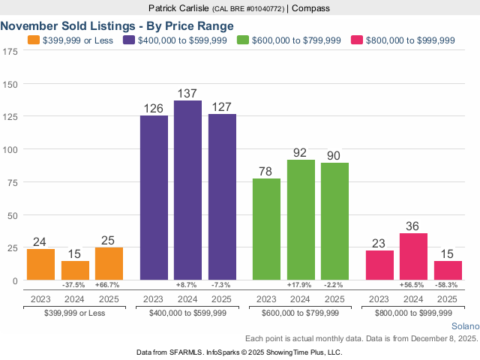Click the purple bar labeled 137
[x=187, y=190]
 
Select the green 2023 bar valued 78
[x=266, y=229]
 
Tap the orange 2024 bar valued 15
[x=75, y=270]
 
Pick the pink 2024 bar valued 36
[x=413, y=256]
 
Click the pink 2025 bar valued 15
[x=448, y=270]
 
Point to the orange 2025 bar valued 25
[x=109, y=263]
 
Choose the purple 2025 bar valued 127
[x=222, y=197]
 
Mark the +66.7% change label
[x=109, y=286]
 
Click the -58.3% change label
[x=448, y=286]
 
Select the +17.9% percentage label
[x=301, y=286]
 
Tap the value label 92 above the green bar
[x=301, y=153]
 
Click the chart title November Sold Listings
[x=117, y=25]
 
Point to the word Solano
[x=464, y=327]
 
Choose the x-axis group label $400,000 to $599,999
[x=187, y=311]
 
